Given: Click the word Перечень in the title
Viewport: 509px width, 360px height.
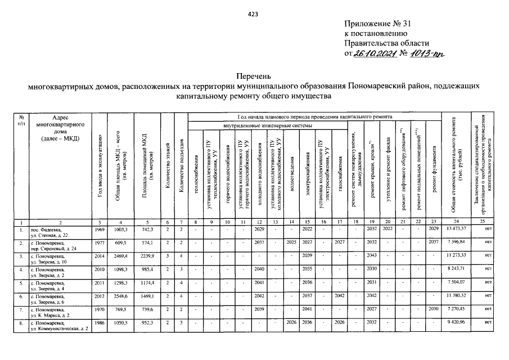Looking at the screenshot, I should pos(254,75).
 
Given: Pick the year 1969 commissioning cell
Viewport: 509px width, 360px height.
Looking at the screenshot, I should pos(98,229).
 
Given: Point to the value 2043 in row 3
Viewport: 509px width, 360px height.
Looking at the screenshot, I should pos(371,255).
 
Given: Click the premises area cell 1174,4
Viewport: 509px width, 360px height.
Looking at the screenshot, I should pos(146,282).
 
